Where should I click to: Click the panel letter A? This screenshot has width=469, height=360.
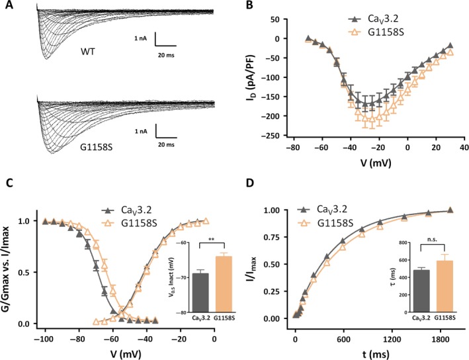tap(6, 7)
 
